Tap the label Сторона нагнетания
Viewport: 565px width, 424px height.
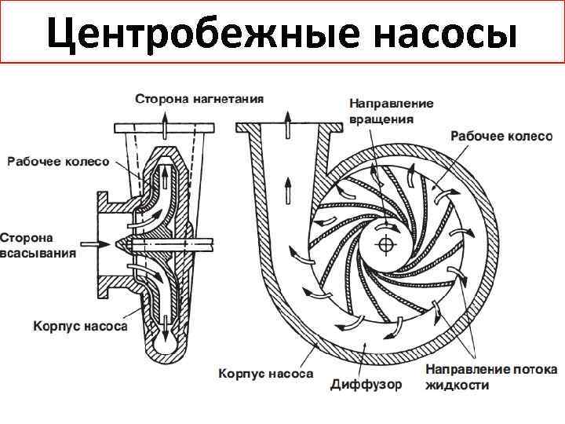coord(199,100)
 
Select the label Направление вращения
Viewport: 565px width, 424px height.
coord(391,111)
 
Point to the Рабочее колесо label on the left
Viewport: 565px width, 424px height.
coord(58,162)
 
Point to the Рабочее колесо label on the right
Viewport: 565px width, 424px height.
coord(501,136)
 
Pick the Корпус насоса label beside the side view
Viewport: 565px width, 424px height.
coord(79,325)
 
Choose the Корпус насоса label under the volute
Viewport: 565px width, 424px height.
coord(264,374)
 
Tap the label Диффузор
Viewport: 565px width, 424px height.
coord(366,385)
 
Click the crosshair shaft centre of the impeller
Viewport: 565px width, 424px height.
coord(385,244)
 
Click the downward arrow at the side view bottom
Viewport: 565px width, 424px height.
coord(165,322)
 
